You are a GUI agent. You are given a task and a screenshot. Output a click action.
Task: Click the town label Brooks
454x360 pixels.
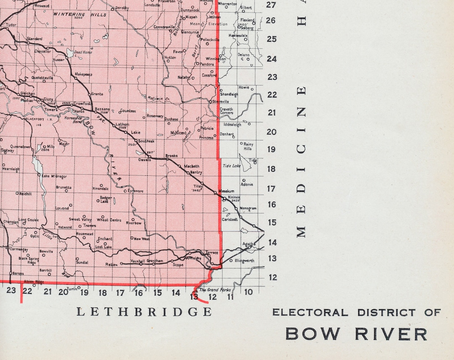[x=171, y=156]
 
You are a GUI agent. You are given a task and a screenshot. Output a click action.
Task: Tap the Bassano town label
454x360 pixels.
[x=102, y=109]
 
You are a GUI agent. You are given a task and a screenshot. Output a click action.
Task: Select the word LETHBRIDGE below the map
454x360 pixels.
[x=144, y=312]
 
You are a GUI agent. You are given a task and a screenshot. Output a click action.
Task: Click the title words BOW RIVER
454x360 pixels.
[x=356, y=334]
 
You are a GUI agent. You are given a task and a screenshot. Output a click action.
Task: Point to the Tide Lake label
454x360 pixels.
[x=231, y=166]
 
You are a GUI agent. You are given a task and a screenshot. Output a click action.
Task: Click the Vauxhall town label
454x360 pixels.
[x=138, y=261]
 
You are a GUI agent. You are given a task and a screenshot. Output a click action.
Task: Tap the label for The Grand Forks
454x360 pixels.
[x=209, y=290]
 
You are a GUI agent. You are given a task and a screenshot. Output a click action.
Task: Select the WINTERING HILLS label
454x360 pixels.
[x=74, y=14]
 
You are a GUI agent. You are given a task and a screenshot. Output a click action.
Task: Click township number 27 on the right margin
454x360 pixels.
[x=271, y=5]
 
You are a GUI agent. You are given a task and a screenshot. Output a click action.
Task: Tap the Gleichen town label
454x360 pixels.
[x=28, y=94]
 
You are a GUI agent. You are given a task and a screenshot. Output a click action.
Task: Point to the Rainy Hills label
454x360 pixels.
[x=248, y=146]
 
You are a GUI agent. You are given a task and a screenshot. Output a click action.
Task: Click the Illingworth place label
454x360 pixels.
[x=244, y=261]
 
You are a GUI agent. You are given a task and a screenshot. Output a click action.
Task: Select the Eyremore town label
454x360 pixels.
[x=136, y=191]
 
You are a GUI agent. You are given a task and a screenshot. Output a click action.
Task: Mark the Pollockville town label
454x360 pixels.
[x=210, y=40]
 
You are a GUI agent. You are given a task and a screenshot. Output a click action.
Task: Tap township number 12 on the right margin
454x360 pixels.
[x=272, y=278]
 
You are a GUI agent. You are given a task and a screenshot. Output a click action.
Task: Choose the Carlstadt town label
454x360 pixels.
[x=230, y=219]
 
